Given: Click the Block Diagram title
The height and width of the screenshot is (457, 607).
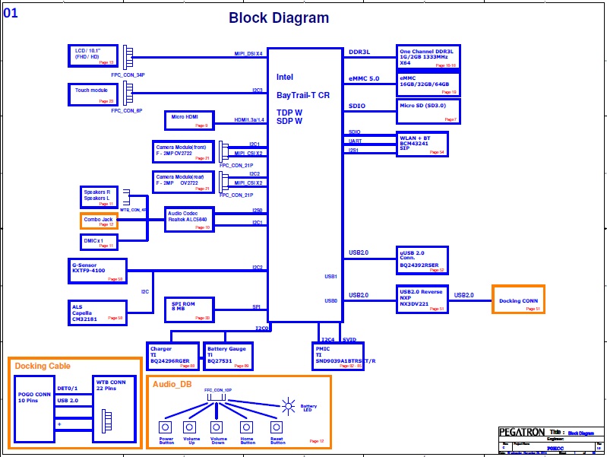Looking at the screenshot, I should click(x=279, y=18).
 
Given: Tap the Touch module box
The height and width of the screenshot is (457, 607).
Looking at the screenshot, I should click(x=92, y=94).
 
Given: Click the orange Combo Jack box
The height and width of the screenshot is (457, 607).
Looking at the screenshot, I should click(x=99, y=221).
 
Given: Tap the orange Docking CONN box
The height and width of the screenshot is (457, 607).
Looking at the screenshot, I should click(x=518, y=300).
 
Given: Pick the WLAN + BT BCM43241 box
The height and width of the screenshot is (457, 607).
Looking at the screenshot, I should click(x=422, y=144).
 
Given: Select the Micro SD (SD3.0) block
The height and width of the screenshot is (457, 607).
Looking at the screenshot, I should click(x=428, y=111).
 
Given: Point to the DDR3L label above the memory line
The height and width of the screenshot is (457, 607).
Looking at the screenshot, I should click(x=359, y=52).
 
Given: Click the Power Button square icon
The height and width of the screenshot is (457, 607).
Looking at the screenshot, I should click(x=166, y=427).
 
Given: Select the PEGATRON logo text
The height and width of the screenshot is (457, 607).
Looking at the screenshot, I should click(x=521, y=432).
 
